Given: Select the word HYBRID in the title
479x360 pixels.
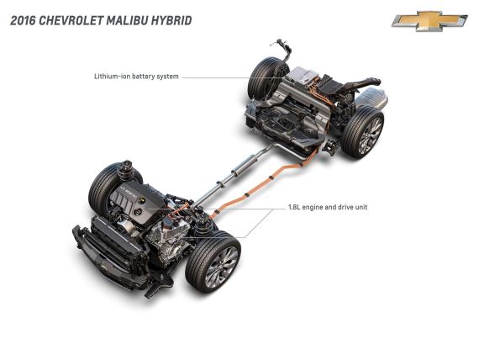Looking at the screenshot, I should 169,18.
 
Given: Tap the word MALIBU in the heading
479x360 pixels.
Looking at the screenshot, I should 124,18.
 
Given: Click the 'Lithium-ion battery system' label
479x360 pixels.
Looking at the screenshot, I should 135,77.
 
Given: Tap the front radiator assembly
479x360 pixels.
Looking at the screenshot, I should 109,244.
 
